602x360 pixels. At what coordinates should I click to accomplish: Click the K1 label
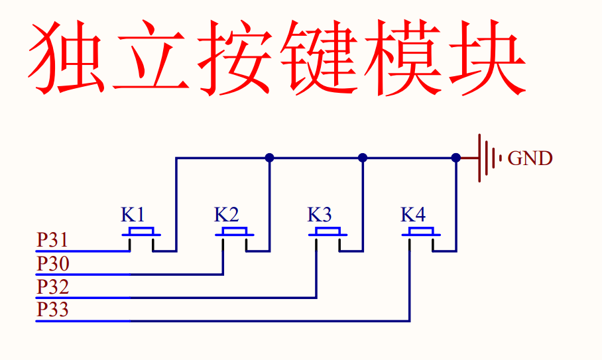[x=133, y=215]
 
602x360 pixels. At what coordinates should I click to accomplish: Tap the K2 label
[x=226, y=215]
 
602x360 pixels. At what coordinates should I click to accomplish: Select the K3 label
[x=320, y=215]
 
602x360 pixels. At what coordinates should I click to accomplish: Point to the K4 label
[x=413, y=215]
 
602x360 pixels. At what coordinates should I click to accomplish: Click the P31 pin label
[x=52, y=240]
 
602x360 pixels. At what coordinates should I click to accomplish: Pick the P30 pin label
[x=53, y=264]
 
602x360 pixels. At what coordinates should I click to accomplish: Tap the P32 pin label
[x=53, y=287]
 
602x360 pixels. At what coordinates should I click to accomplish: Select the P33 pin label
[x=53, y=310]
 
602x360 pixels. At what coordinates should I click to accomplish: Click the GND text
[x=530, y=158]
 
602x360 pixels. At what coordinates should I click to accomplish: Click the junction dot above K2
[x=269, y=158]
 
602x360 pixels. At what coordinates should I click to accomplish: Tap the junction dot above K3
[x=363, y=158]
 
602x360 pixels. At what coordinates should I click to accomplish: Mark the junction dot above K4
[x=456, y=158]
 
